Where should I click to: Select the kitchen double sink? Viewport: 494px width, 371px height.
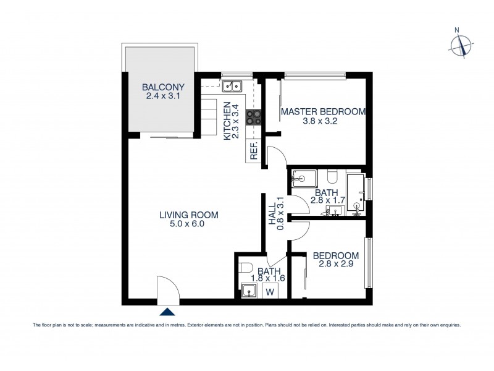point(233,86)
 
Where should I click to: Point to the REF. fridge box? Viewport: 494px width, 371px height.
point(253,150)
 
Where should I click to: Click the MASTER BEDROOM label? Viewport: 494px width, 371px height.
point(323,112)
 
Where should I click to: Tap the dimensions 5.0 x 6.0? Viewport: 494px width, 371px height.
point(190,224)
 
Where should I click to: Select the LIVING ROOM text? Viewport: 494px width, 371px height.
point(190,215)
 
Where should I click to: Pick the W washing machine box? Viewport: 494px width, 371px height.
point(270,291)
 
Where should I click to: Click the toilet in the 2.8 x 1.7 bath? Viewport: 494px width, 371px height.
point(332,180)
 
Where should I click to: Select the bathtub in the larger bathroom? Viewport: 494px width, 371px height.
point(356,193)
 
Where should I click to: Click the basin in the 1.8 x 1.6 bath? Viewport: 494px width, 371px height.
point(249,291)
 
